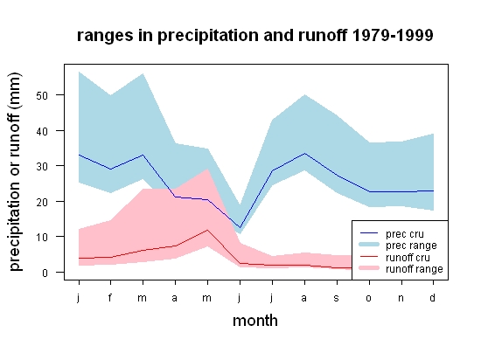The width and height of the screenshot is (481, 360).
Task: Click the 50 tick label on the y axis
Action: pos(42,95)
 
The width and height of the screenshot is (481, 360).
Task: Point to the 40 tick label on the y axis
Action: pos(42,131)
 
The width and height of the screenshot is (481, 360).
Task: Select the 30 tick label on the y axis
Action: pos(42,167)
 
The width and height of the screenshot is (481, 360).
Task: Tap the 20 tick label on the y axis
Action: pos(42,202)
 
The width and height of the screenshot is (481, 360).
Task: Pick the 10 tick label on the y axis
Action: pos(42,238)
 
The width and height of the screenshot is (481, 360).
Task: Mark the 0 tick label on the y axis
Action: pos(45,273)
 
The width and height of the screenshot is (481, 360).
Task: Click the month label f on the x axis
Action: pos(110,297)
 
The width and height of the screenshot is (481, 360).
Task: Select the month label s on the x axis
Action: pos(337,298)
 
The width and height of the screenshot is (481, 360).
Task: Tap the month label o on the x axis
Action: pos(369,298)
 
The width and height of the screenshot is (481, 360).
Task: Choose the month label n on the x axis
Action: pos(401,298)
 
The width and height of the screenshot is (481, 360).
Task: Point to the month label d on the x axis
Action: pos(433,297)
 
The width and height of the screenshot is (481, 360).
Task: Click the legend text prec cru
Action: pos(405,234)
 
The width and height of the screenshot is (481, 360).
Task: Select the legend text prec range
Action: pos(411,246)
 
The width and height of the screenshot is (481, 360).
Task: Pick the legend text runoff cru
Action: pos(408,258)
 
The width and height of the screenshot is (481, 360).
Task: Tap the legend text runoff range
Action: pos(415,269)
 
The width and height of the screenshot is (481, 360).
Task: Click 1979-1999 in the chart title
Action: pos(393,35)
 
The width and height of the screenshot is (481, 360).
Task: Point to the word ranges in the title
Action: pos(105,36)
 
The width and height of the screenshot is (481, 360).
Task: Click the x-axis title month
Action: pos(255,321)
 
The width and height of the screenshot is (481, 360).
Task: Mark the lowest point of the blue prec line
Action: pos(240,228)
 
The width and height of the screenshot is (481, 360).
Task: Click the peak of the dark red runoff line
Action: pos(207,230)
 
